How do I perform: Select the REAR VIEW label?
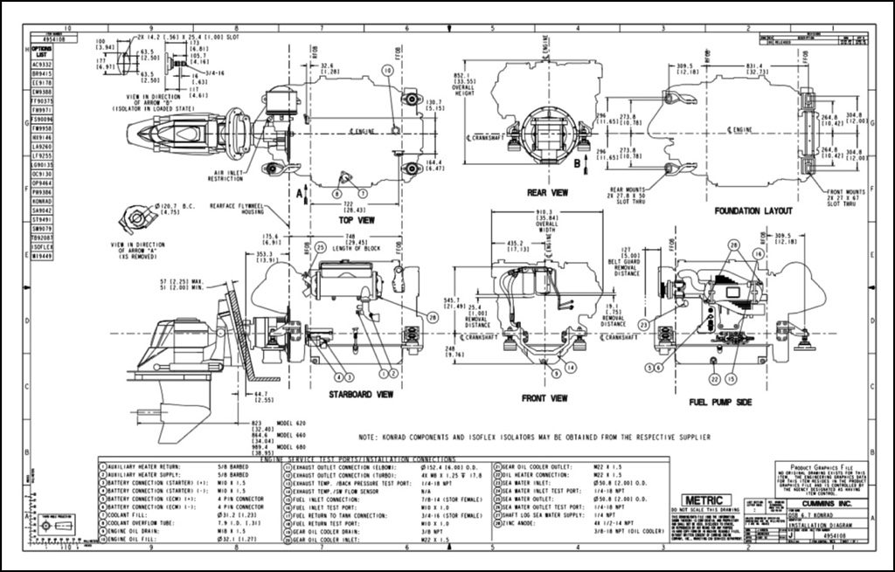click(x=548, y=192)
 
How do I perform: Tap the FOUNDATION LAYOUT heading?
click(x=753, y=210)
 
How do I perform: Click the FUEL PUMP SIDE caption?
click(x=719, y=401)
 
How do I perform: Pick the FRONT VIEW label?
click(x=545, y=397)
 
